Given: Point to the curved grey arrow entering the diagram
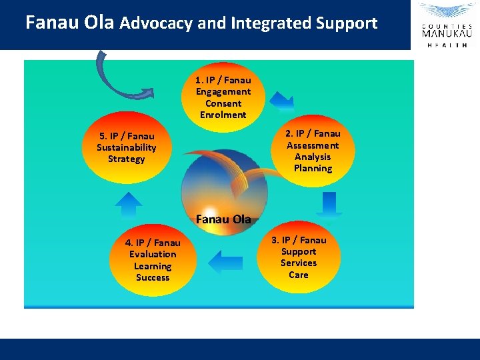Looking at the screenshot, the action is pyautogui.click(x=113, y=77).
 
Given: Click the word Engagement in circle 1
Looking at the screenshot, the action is pyautogui.click(x=223, y=91).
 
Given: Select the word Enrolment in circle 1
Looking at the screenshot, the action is pyautogui.click(x=223, y=115).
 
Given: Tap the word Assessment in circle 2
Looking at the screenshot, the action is pyautogui.click(x=313, y=145).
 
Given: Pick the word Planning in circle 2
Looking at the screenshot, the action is pyautogui.click(x=313, y=168).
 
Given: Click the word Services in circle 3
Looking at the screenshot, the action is pyautogui.click(x=299, y=263).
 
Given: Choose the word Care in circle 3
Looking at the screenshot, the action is pyautogui.click(x=299, y=275).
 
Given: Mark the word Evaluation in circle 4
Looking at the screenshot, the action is pyautogui.click(x=153, y=254).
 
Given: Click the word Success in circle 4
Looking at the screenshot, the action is pyautogui.click(x=153, y=277).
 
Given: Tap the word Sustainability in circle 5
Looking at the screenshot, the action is pyautogui.click(x=126, y=147).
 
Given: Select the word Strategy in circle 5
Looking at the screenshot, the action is pyautogui.click(x=126, y=159).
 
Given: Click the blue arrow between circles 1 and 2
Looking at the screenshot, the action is pyautogui.click(x=283, y=102).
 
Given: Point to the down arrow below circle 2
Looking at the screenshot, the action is pyautogui.click(x=329, y=203).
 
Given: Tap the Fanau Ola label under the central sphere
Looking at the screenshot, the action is pyautogui.click(x=223, y=219).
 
